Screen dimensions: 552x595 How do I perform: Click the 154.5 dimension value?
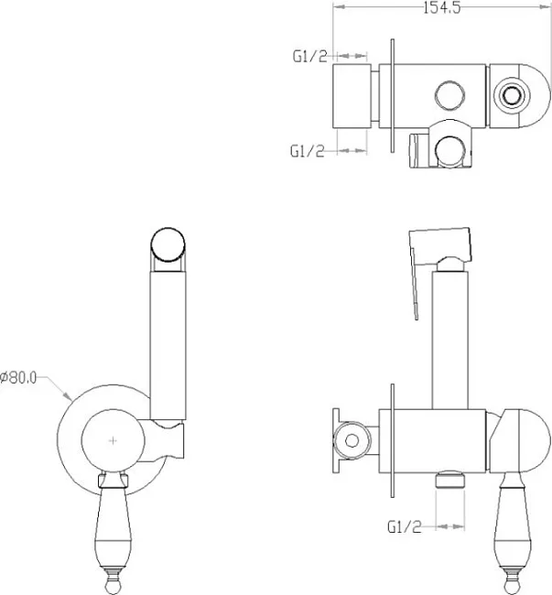point(442,7)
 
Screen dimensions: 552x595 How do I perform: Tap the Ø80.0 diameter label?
point(18,377)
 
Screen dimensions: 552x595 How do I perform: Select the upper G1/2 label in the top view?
point(309,56)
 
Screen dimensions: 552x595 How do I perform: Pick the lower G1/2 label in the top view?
point(308,151)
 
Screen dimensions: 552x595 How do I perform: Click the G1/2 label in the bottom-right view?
point(405,526)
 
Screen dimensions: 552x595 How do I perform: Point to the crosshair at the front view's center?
point(113,440)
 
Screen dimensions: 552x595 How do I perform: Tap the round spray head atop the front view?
point(168,244)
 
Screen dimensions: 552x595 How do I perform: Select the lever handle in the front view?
point(114,531)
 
